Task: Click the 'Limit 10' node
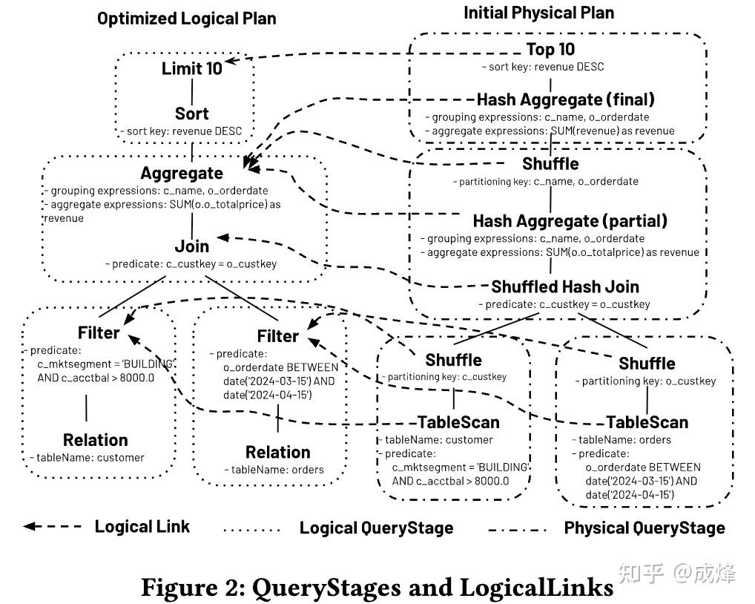click(192, 69)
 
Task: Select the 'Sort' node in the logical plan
click(192, 114)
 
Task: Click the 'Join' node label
click(192, 246)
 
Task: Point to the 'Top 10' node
click(550, 50)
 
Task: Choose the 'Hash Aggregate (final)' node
click(565, 99)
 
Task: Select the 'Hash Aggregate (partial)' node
click(570, 221)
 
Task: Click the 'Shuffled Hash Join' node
click(564, 286)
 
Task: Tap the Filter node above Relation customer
click(99, 332)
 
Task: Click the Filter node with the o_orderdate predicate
click(277, 336)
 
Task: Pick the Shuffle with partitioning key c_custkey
click(453, 360)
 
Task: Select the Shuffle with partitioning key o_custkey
click(647, 363)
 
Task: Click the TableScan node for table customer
click(458, 422)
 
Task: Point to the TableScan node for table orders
click(647, 422)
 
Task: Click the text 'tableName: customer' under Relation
click(91, 458)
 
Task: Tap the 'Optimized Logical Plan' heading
click(186, 19)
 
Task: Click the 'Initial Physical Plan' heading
click(538, 13)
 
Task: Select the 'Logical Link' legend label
click(142, 527)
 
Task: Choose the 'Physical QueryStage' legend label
click(644, 528)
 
